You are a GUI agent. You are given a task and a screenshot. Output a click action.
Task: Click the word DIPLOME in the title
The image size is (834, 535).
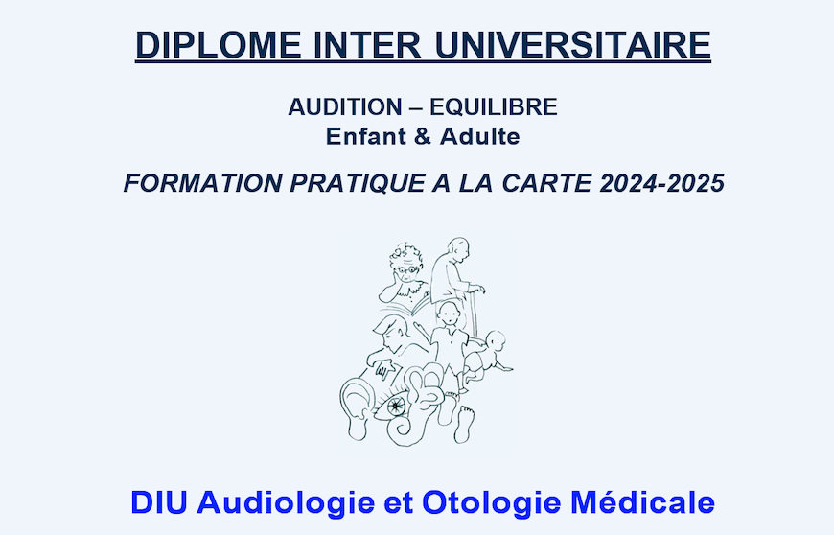[x=219, y=45]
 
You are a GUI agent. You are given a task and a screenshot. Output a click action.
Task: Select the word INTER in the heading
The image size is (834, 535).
[x=367, y=45]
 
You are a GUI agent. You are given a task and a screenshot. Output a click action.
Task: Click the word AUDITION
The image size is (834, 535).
[x=345, y=106]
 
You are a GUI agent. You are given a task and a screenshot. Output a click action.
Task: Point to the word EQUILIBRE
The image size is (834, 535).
[x=494, y=106]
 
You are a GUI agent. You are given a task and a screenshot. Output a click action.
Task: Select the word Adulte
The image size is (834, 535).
[x=479, y=137]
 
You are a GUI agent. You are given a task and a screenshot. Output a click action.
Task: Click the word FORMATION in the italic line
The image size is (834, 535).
[x=203, y=183]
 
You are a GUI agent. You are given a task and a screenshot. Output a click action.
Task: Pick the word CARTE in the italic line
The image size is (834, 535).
[x=546, y=183]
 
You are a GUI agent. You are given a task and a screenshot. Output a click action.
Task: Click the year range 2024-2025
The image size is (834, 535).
[x=662, y=183]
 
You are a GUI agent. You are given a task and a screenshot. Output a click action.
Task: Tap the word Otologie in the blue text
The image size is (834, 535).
[x=492, y=503]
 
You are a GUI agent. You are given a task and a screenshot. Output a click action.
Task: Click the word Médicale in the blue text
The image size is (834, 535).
[x=642, y=502]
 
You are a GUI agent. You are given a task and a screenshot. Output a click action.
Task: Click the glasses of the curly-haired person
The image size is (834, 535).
[x=408, y=269]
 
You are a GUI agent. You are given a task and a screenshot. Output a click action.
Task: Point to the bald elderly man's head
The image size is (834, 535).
[x=458, y=249]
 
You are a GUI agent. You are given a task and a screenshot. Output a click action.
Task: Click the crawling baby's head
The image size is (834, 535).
[x=496, y=342]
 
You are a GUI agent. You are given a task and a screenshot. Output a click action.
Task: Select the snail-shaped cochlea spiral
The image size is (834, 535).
[x=402, y=430]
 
